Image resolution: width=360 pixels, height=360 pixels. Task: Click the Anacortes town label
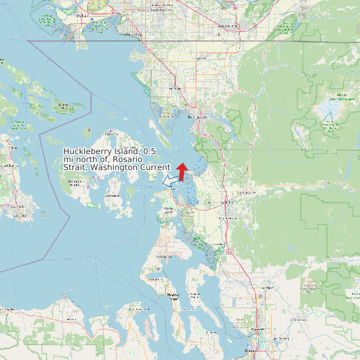[x=170, y=189]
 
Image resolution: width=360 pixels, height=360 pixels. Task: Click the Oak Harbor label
[x=163, y=256]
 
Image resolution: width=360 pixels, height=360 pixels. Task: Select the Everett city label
[x=251, y=350]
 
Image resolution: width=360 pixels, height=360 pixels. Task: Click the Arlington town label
[x=268, y=288]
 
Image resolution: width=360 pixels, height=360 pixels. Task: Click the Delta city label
[x=82, y=14]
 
